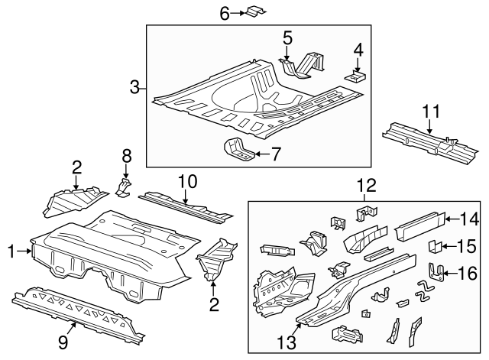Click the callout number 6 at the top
pyautogui.click(x=225, y=12)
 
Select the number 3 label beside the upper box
pyautogui.click(x=134, y=87)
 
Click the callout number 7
pyautogui.click(x=276, y=154)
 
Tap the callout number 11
pyautogui.click(x=432, y=112)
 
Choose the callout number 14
pyautogui.click(x=470, y=219)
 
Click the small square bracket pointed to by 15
pyautogui.click(x=432, y=246)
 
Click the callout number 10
pyautogui.click(x=187, y=181)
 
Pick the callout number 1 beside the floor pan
pyautogui.click(x=11, y=250)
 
